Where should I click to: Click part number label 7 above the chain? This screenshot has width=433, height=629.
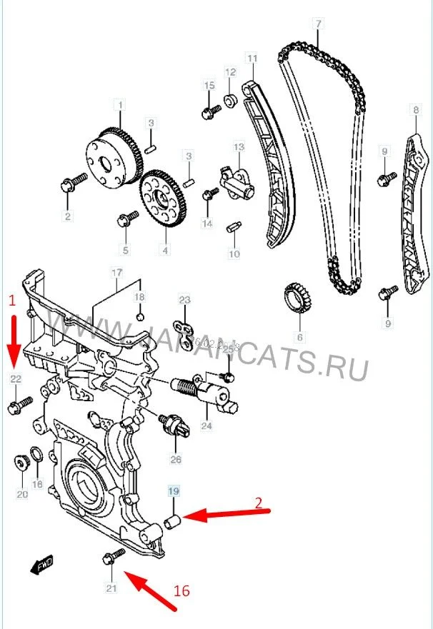pyautogui.click(x=317, y=24)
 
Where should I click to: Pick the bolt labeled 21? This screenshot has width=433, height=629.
pyautogui.click(x=111, y=556)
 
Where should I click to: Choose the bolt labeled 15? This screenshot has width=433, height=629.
pyautogui.click(x=211, y=111)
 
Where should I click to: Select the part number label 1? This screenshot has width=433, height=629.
pyautogui.click(x=120, y=105)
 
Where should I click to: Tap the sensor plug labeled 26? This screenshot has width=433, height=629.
pyautogui.click(x=174, y=424)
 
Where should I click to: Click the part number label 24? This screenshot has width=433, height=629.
pyautogui.click(x=207, y=426)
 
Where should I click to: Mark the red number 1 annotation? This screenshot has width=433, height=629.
pyautogui.click(x=10, y=301)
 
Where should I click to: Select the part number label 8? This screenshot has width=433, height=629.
pyautogui.click(x=415, y=110)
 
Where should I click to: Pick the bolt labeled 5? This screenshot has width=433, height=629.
pyautogui.click(x=128, y=217)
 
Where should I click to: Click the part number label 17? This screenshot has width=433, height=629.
pyautogui.click(x=117, y=272)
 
